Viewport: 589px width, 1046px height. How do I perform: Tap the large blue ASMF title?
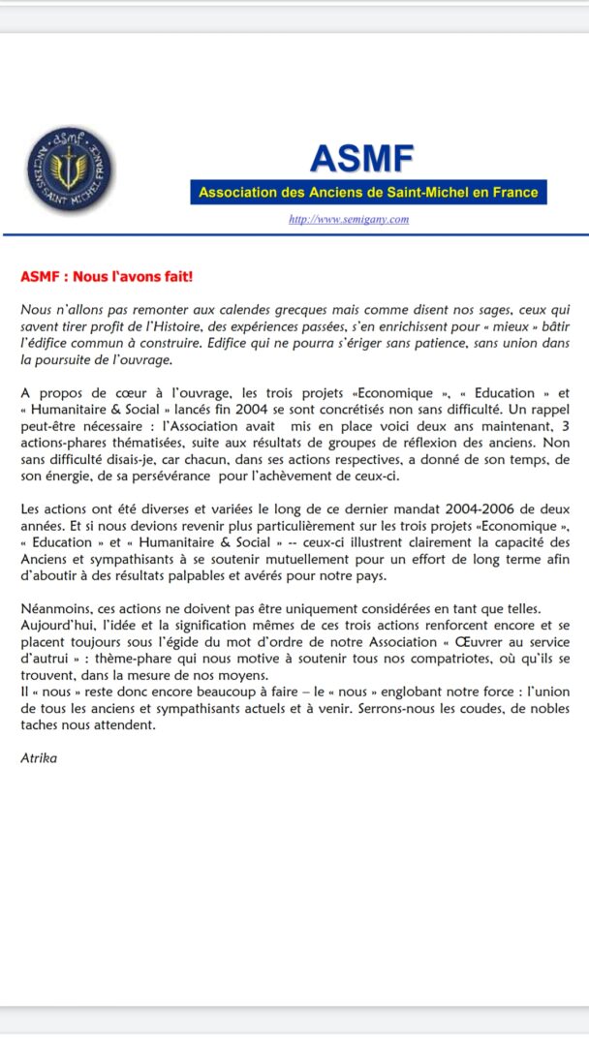pyautogui.click(x=361, y=157)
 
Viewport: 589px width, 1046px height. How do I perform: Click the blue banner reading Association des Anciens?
pyautogui.click(x=368, y=192)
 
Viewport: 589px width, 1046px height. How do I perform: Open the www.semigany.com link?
pyautogui.click(x=349, y=219)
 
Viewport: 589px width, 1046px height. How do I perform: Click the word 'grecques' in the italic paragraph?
pyautogui.click(x=262, y=309)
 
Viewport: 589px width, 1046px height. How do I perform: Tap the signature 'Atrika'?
pyautogui.click(x=40, y=757)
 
